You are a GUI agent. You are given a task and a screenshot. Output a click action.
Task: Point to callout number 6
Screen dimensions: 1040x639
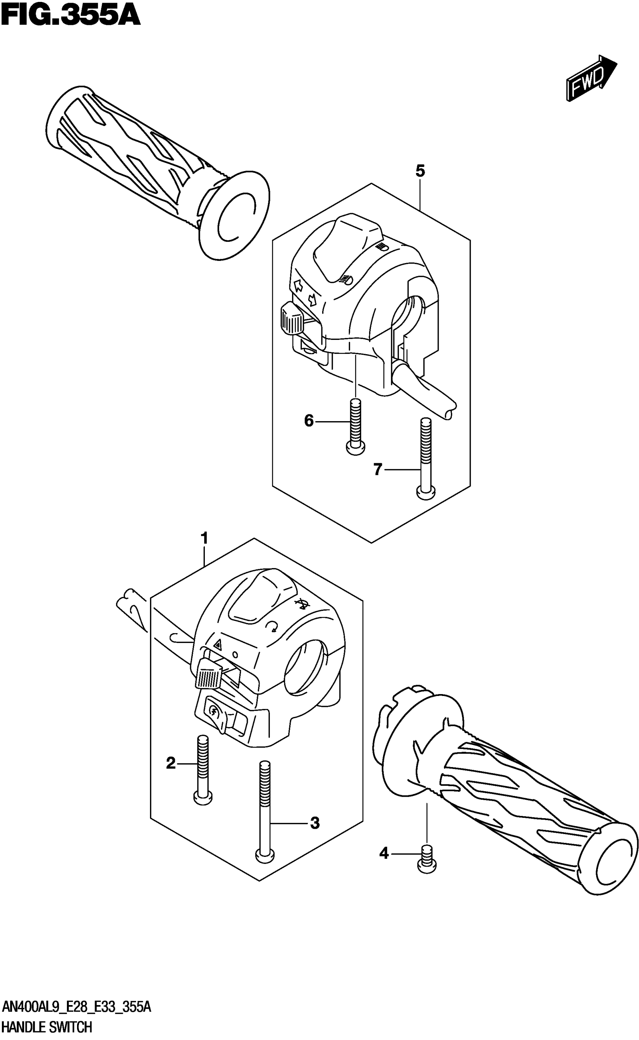click(x=309, y=421)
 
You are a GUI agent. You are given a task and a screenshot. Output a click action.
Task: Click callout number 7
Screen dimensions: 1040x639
click(x=377, y=469)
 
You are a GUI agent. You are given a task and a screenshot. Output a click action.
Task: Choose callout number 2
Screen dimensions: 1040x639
click(x=171, y=763)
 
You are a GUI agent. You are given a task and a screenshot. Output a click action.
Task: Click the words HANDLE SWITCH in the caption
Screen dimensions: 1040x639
click(x=47, y=1028)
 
